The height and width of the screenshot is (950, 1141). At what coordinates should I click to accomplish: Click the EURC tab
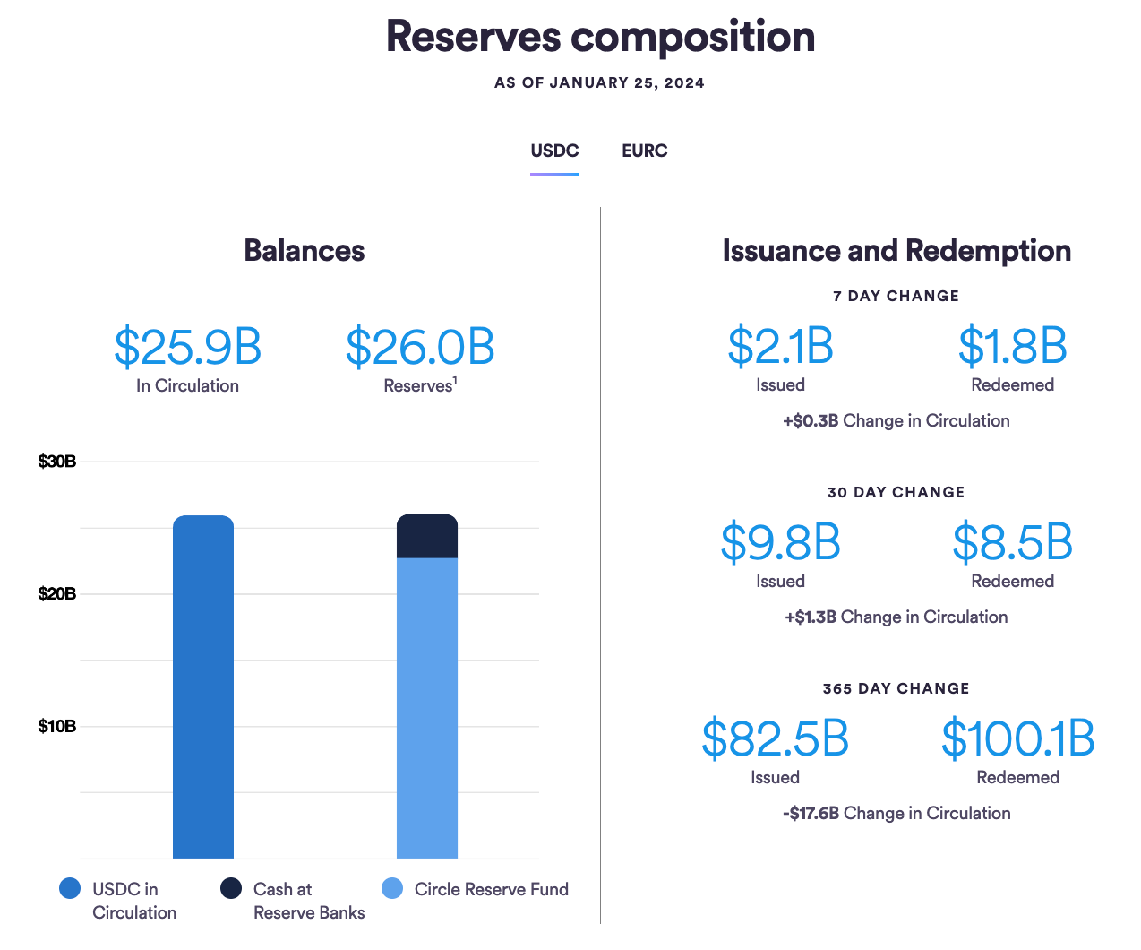pyautogui.click(x=644, y=151)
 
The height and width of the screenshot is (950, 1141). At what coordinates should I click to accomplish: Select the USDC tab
pyautogui.click(x=554, y=151)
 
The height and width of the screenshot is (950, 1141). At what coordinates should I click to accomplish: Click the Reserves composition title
pyautogui.click(x=600, y=37)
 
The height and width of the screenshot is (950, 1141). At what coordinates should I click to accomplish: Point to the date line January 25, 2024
pyautogui.click(x=599, y=83)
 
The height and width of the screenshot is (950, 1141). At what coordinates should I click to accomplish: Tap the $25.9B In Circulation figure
pyautogui.click(x=187, y=348)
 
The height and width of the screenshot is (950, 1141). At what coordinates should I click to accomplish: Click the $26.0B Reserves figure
pyautogui.click(x=420, y=348)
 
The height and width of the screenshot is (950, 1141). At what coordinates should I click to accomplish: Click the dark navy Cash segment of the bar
pyautogui.click(x=427, y=537)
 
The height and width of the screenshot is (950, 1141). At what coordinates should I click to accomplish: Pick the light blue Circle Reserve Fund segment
pyautogui.click(x=427, y=708)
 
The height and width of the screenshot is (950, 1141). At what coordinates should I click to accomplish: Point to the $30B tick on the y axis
pyautogui.click(x=56, y=462)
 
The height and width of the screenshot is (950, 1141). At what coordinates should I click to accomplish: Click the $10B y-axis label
pyautogui.click(x=56, y=726)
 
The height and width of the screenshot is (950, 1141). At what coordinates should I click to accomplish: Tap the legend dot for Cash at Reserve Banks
pyautogui.click(x=231, y=888)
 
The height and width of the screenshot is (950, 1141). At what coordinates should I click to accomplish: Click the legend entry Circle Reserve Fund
pyautogui.click(x=491, y=889)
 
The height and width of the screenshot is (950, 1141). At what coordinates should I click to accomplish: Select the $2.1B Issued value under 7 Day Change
pyautogui.click(x=780, y=347)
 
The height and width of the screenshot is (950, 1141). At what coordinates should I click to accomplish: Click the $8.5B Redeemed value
pyautogui.click(x=1012, y=543)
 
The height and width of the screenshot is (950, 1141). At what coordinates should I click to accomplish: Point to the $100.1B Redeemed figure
pyautogui.click(x=1017, y=739)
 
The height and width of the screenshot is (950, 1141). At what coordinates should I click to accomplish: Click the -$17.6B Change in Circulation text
pyautogui.click(x=896, y=813)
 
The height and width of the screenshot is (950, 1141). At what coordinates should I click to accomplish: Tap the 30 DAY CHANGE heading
pyautogui.click(x=896, y=492)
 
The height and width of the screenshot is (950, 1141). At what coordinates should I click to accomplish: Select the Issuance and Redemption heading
pyautogui.click(x=896, y=251)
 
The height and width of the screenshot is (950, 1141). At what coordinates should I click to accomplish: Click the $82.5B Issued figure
pyautogui.click(x=775, y=739)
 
